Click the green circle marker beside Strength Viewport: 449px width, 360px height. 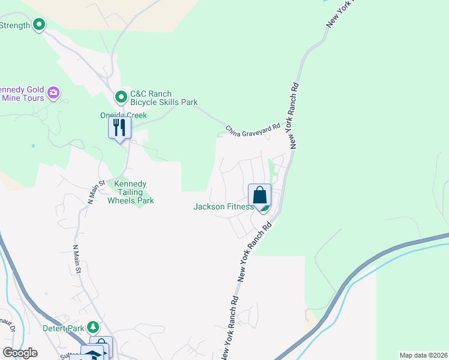tap(40, 25)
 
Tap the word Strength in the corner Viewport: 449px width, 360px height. tap(15, 25)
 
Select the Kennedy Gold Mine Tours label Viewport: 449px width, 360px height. tap(22, 92)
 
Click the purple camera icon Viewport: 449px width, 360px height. tap(53, 92)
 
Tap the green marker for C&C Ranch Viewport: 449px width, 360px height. tap(121, 96)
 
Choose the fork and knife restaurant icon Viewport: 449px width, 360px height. tap(119, 128)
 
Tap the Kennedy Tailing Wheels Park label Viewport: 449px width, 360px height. tap(130, 193)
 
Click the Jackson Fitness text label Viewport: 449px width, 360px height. tap(223, 206)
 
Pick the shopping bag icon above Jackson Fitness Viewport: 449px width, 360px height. tap(260, 195)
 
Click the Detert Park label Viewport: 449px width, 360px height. tap(64, 328)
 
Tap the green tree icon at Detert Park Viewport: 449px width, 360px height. tap(92, 327)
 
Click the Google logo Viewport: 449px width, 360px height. tap(20, 353)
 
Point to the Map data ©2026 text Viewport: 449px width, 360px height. tap(423, 355)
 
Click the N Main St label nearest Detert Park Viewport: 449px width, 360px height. tap(77, 259)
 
